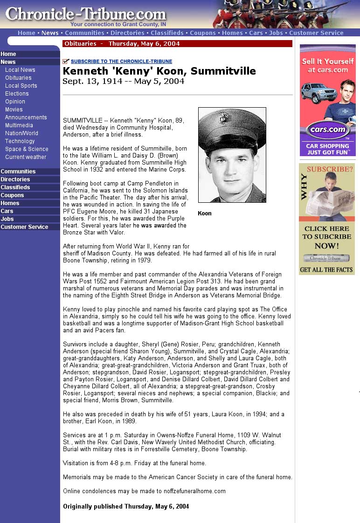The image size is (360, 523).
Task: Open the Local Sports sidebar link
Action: click(21, 86)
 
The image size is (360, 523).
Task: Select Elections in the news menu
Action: click(17, 94)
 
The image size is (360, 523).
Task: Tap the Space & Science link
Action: click(27, 149)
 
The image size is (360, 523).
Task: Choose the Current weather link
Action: click(26, 157)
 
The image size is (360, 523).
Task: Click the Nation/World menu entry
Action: click(21, 133)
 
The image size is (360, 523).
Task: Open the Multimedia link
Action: click(19, 125)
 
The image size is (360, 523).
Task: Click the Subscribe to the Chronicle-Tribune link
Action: click(121, 62)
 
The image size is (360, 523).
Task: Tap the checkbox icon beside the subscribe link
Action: click(66, 62)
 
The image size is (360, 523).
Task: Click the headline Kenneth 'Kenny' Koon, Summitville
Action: click(159, 71)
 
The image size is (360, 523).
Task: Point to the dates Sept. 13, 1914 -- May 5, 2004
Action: click(123, 81)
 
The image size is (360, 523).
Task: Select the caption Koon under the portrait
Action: click(205, 213)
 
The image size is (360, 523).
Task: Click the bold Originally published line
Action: click(126, 507)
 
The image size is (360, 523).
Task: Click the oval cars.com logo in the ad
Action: click(327, 130)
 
